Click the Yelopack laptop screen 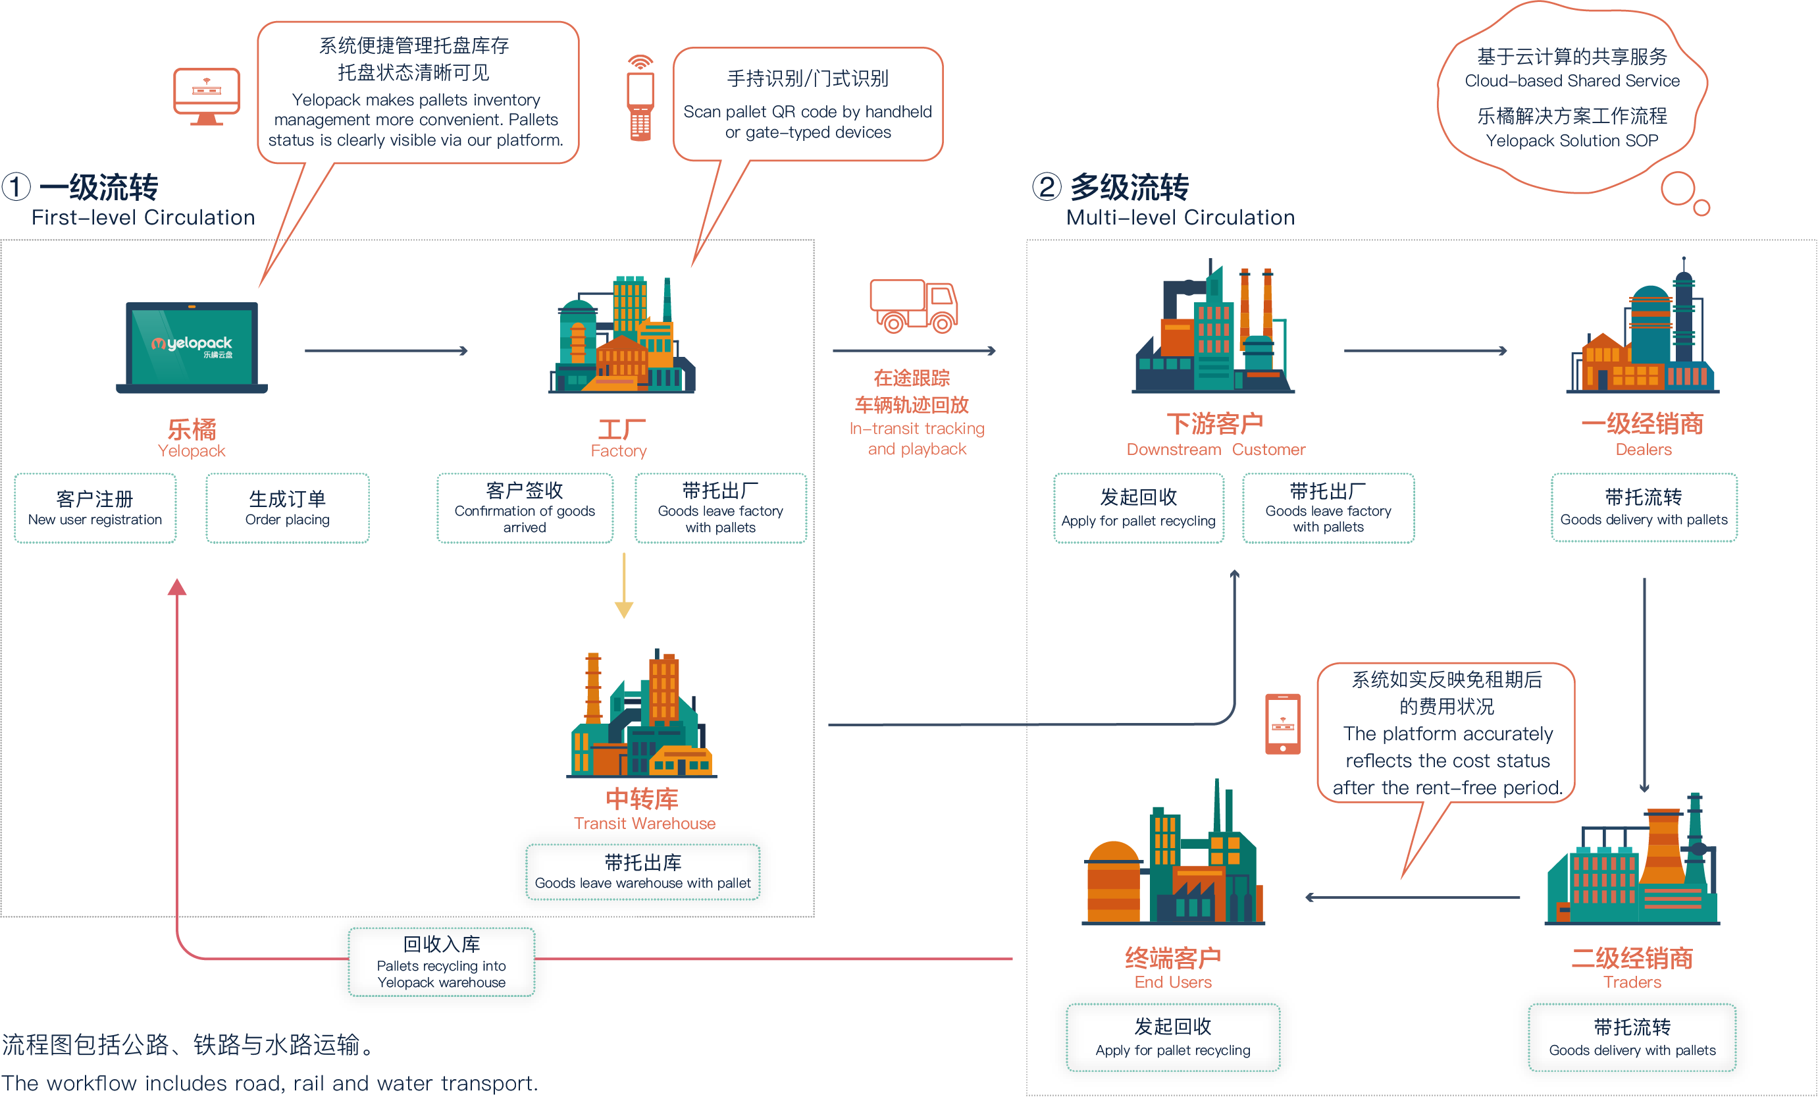pos(192,346)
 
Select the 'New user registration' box pos(95,508)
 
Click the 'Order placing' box pos(288,508)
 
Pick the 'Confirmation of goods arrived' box pos(525,508)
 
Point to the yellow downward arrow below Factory pos(624,587)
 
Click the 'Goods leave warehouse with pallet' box pos(642,872)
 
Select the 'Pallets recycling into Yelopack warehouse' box pos(441,963)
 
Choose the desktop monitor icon pos(207,96)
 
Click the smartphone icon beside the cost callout pos(1283,724)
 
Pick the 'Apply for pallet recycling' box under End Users pos(1173,1038)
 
